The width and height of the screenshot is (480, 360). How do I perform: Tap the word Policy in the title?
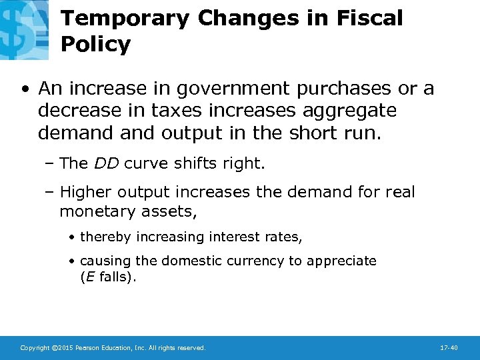click(95, 45)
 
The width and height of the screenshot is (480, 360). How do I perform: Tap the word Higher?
click(86, 193)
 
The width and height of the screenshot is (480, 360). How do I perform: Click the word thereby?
click(105, 237)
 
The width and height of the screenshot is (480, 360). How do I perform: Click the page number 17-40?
click(449, 348)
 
